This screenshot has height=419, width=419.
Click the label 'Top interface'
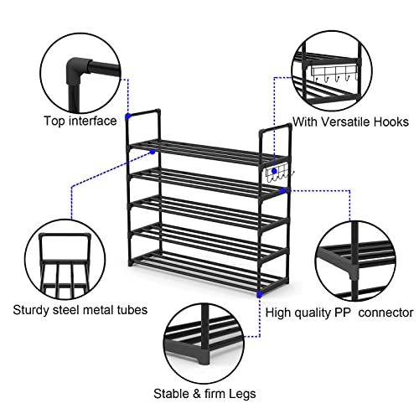80,121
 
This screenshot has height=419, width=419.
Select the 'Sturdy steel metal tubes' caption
80,310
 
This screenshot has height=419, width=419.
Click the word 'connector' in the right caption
387,313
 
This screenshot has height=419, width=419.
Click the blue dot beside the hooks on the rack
282,190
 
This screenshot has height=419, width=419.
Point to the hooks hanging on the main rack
277,174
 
